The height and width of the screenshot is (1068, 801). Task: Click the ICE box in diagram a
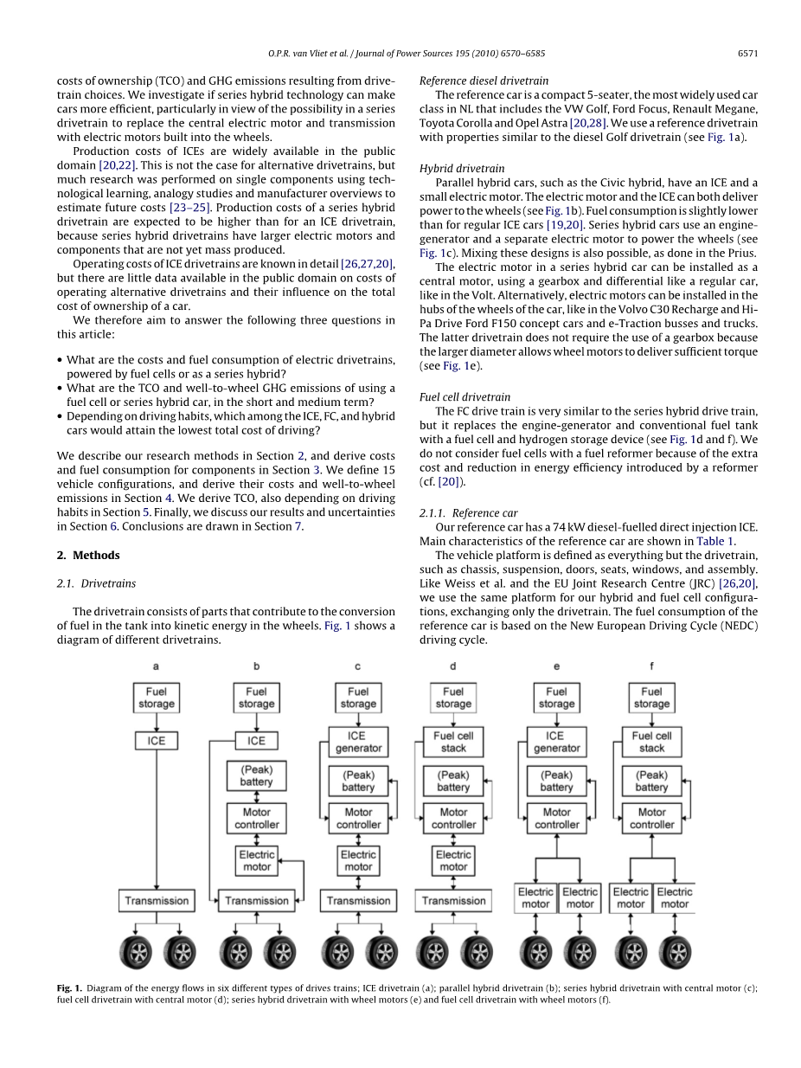tap(156, 741)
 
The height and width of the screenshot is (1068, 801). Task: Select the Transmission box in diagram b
tap(256, 900)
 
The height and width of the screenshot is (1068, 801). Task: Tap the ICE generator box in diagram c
tap(358, 742)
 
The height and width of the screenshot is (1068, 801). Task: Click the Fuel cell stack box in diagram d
tap(453, 742)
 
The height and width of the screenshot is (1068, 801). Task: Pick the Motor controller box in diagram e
tap(556, 818)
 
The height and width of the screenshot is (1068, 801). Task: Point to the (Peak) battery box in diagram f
tap(651, 781)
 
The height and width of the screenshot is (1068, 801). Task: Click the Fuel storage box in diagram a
tap(156, 698)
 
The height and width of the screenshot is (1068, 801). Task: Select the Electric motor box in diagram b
tap(256, 860)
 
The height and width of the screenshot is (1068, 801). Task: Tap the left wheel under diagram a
tap(135, 952)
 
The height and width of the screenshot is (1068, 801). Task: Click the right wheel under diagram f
tap(675, 952)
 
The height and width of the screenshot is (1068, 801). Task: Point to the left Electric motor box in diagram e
tap(535, 898)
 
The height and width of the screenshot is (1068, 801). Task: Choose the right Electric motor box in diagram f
tap(675, 898)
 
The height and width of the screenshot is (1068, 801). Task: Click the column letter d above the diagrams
tap(453, 666)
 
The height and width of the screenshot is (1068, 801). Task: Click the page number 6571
tap(747, 54)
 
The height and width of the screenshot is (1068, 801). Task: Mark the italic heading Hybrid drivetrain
tap(462, 168)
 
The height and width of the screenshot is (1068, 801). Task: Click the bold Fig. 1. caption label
tap(70, 988)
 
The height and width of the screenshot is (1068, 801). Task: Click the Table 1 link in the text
tap(715, 542)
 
